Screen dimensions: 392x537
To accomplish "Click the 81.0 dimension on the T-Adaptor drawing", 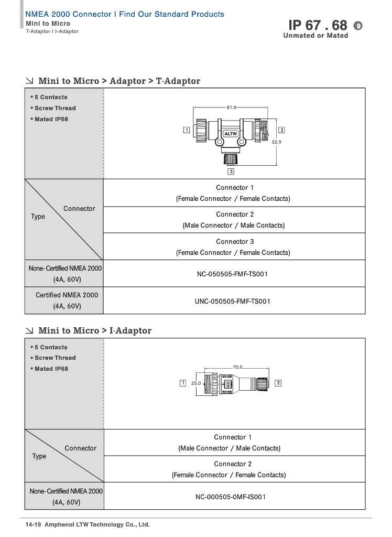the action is (231, 108).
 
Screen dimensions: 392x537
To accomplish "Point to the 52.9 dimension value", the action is (277, 142).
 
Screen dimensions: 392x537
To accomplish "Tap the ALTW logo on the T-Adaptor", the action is (231, 134).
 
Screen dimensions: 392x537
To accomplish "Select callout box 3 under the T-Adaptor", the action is (231, 171).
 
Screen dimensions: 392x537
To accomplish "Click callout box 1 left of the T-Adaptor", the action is (187, 130).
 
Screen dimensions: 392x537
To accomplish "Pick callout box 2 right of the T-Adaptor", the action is (282, 130).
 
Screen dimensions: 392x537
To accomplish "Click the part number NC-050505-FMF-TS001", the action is (233, 274).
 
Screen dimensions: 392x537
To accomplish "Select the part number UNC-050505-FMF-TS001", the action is (233, 302).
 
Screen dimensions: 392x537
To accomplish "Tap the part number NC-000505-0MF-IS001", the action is (231, 497).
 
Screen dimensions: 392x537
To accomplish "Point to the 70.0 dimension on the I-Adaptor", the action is (237, 367).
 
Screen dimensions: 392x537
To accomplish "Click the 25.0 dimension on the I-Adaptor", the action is (196, 383).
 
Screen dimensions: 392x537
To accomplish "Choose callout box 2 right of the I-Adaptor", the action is (278, 383).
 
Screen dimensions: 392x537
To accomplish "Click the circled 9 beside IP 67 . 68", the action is (358, 26).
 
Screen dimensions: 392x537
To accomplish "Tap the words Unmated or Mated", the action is (315, 36).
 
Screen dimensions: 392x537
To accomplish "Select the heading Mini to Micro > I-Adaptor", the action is (95, 330).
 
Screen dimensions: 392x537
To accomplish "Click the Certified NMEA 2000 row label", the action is (67, 295).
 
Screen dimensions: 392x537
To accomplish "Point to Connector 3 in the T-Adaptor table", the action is (235, 241).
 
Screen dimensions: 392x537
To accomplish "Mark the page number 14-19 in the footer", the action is (33, 524).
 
